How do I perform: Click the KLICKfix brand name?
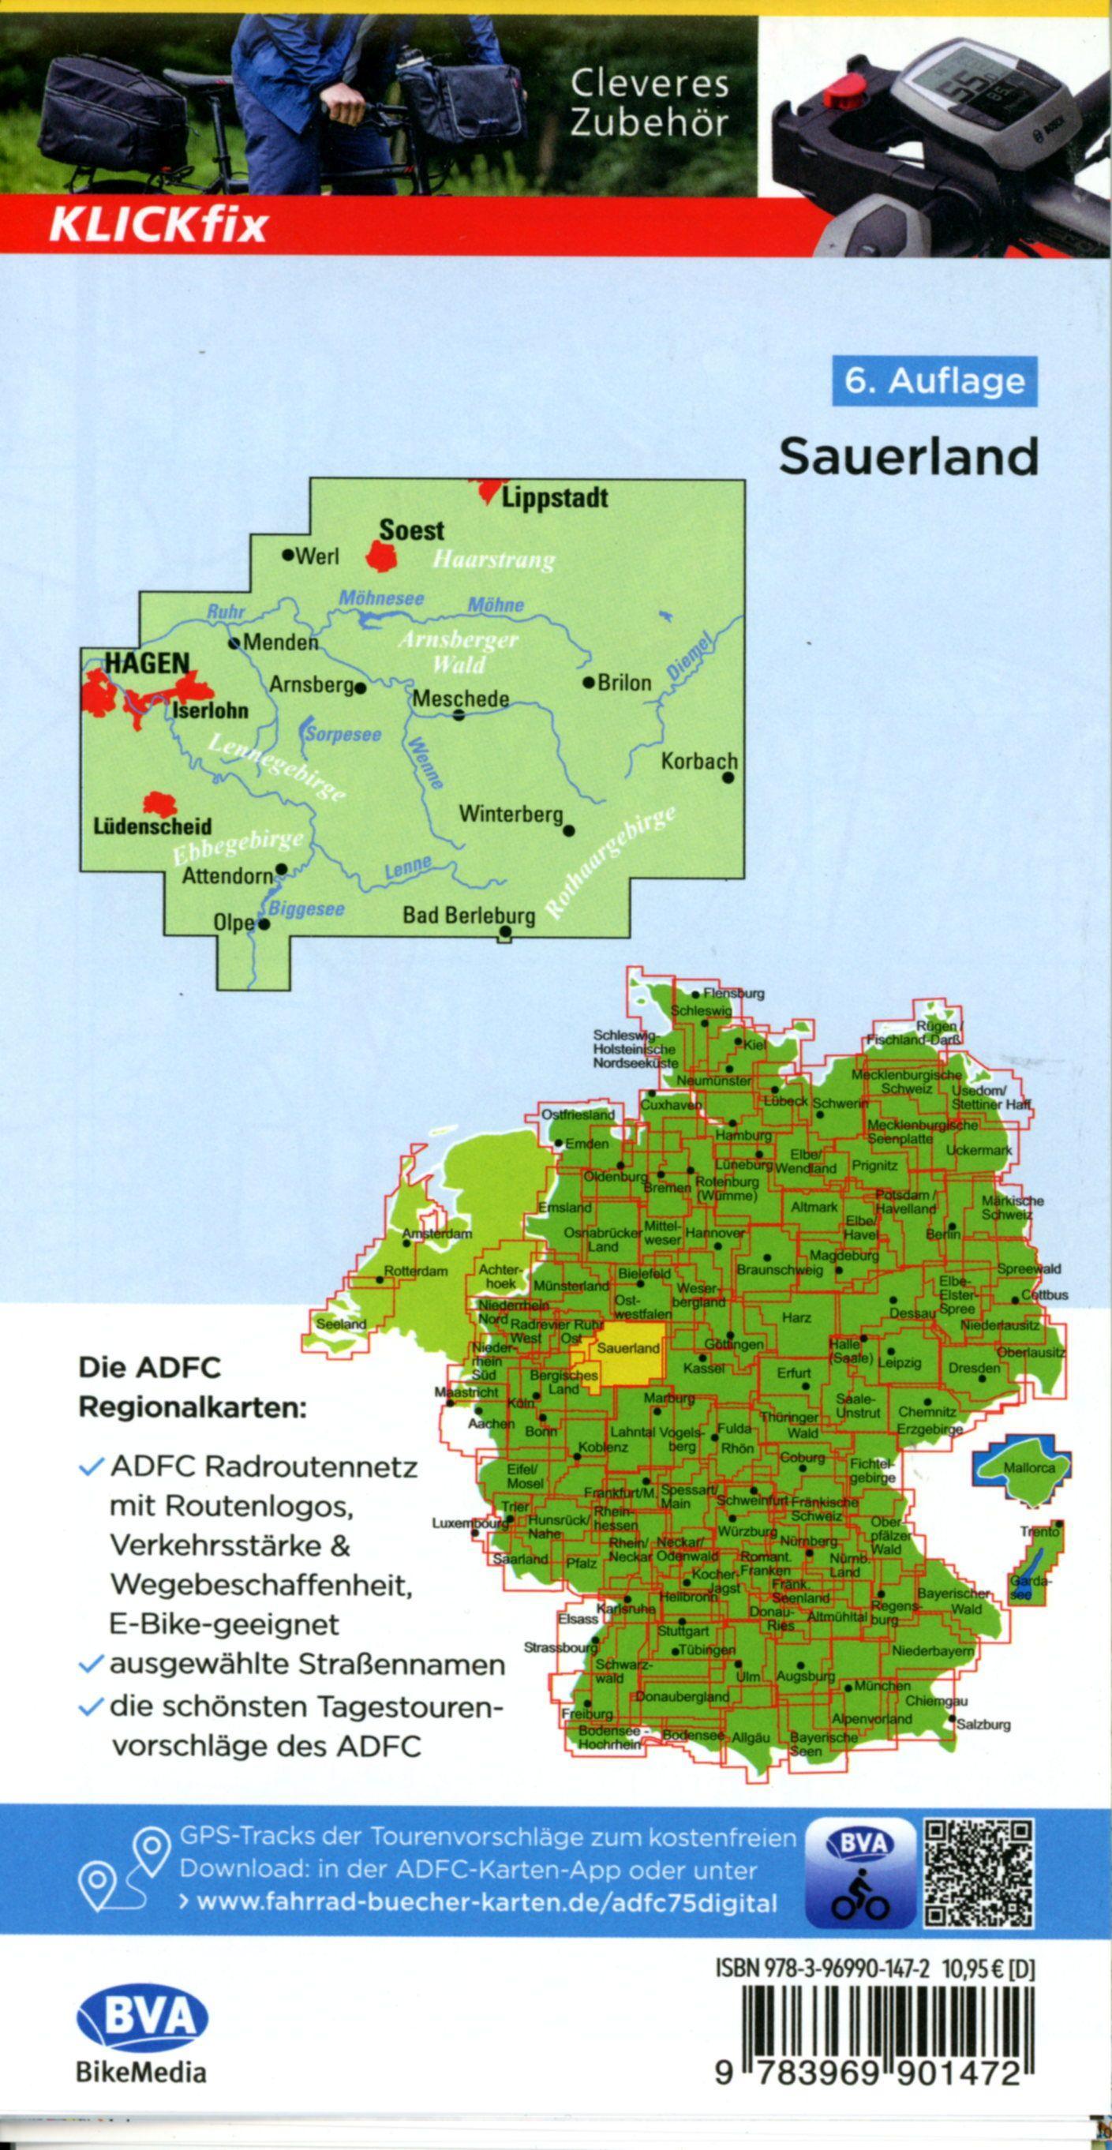click(159, 226)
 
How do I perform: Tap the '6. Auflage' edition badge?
click(934, 381)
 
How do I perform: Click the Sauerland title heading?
click(908, 456)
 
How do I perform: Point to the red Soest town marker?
click(382, 555)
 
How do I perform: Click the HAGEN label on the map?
click(147, 664)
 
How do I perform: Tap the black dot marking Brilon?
click(588, 682)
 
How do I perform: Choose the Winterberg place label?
click(511, 814)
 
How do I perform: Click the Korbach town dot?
click(728, 778)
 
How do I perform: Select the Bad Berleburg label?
click(468, 916)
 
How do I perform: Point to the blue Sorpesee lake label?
click(343, 736)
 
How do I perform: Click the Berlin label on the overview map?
click(942, 1233)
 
